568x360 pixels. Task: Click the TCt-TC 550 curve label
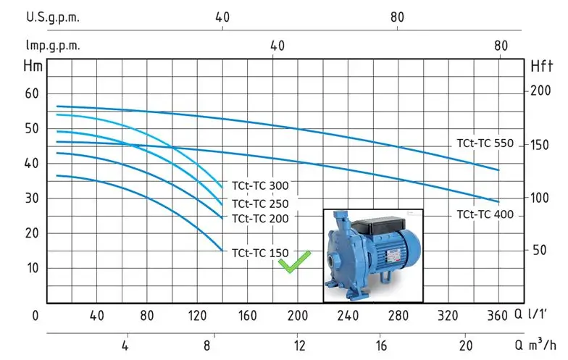click(485, 143)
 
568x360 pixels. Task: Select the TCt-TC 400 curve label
click(485, 214)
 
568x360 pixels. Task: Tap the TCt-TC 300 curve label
click(260, 185)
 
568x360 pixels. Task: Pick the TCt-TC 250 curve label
click(260, 204)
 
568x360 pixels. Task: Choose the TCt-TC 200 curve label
click(260, 219)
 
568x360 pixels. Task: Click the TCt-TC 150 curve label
click(260, 253)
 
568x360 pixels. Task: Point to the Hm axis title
click(33, 67)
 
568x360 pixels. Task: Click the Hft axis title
click(542, 67)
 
